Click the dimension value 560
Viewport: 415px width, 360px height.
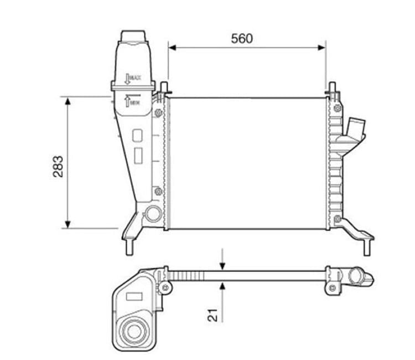242,38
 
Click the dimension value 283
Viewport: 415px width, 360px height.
58,166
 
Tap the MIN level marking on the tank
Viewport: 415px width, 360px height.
132,101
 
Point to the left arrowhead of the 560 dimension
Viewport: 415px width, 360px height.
172,48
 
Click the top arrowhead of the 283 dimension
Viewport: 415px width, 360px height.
68,101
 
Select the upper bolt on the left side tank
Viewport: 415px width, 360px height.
159,114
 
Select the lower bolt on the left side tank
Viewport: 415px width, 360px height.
159,192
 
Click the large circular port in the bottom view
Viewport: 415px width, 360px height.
133,331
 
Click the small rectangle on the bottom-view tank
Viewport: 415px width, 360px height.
134,297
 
